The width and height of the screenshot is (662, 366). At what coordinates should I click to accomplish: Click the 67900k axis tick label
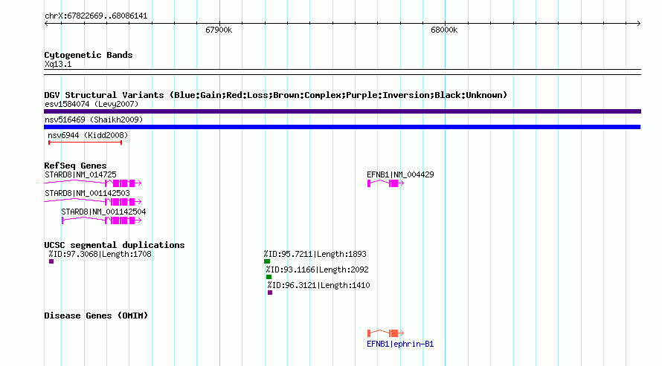click(x=219, y=30)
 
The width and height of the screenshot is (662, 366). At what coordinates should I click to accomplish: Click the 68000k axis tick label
click(x=444, y=30)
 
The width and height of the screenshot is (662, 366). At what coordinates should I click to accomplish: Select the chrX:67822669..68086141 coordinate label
click(x=96, y=16)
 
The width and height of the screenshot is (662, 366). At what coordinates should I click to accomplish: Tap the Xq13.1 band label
click(x=58, y=64)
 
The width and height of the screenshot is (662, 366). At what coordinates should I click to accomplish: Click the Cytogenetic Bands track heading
click(x=89, y=55)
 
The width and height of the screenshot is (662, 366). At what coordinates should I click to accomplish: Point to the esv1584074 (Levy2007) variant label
click(x=91, y=104)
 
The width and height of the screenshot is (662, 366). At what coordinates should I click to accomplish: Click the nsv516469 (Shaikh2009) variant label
click(x=94, y=120)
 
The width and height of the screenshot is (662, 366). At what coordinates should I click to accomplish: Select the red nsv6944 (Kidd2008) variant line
click(x=86, y=143)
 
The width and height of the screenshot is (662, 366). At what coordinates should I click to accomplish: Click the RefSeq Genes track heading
click(x=76, y=166)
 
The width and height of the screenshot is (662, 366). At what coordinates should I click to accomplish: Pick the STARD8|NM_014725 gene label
click(x=80, y=174)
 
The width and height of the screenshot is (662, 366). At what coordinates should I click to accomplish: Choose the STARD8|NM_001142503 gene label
click(x=87, y=193)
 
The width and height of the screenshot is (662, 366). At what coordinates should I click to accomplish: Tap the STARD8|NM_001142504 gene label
click(x=103, y=212)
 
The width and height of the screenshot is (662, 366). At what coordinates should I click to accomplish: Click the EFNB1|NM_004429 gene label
click(x=400, y=174)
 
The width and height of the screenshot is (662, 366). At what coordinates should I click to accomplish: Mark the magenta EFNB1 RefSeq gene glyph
click(x=385, y=183)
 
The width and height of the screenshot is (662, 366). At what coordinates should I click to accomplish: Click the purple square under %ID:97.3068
click(x=51, y=261)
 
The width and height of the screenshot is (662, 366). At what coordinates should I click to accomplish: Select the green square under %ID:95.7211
click(x=267, y=261)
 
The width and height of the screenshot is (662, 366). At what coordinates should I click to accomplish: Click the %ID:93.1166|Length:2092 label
click(x=317, y=269)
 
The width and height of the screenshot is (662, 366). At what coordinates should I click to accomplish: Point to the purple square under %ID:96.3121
click(x=270, y=293)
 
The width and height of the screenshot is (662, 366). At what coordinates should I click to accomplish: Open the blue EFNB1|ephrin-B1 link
click(x=400, y=344)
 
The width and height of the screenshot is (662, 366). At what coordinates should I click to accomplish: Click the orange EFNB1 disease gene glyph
click(x=385, y=333)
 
